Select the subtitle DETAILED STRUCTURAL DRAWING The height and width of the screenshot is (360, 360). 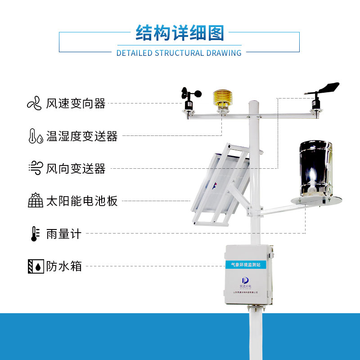click(179, 53)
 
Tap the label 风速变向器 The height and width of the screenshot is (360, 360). click(76, 103)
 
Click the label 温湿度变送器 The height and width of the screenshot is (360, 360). click(81, 136)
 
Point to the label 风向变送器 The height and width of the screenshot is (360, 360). click(76, 169)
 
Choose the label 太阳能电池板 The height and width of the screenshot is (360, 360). click(81, 201)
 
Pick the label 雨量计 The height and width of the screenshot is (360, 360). click(64, 234)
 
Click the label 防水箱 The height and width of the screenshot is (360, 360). click(64, 266)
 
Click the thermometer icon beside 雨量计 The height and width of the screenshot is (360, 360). click(34, 234)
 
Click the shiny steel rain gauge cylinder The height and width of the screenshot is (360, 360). click(316, 169)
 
